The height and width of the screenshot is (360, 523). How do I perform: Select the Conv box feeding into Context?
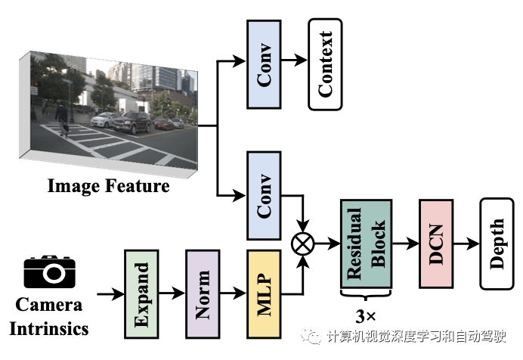tap(264, 64)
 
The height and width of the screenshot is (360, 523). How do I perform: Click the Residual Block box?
tap(366, 243)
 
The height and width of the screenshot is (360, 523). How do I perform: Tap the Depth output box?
tap(497, 243)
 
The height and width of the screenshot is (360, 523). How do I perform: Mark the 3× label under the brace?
tap(367, 312)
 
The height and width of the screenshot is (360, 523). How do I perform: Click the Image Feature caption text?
tap(108, 186)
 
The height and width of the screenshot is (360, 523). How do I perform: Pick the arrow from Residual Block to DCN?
tap(406, 244)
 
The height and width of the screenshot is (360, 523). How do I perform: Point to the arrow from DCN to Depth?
tap(468, 244)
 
